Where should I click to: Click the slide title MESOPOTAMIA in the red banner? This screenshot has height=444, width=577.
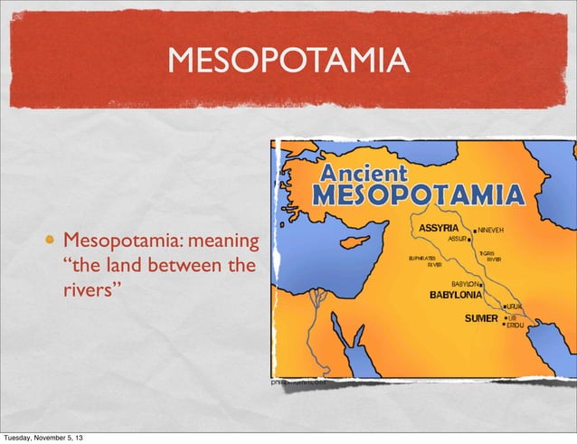(288, 62)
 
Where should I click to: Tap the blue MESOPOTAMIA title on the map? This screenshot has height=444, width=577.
(417, 195)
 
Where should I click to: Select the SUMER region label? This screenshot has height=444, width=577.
(480, 318)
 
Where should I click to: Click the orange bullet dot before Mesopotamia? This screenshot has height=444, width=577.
(63, 241)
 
